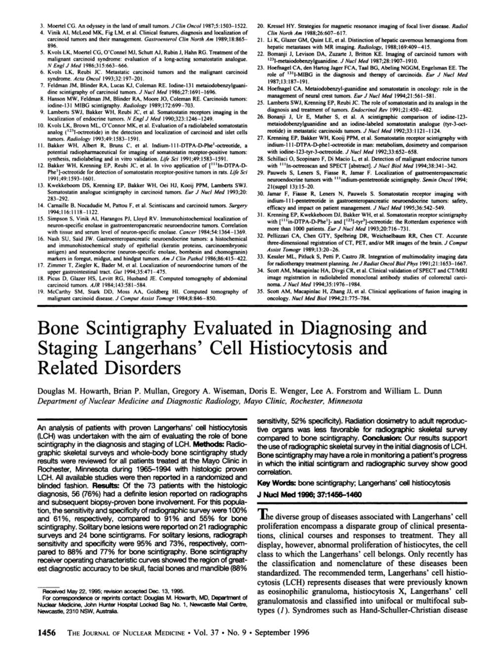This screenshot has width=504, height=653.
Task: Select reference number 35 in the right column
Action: coord(260,291)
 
